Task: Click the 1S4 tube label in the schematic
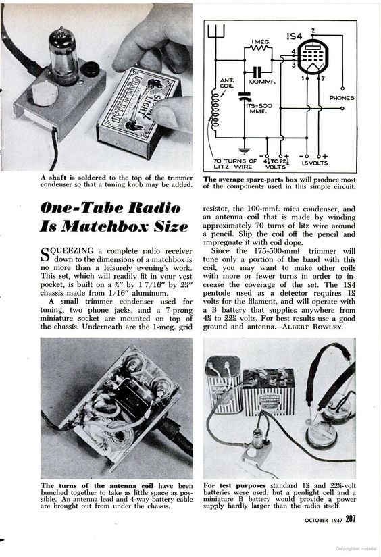(294, 36)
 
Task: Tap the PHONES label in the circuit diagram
(342, 98)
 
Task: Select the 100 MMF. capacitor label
(263, 82)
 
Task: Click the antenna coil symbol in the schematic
(214, 109)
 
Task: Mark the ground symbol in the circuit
(244, 151)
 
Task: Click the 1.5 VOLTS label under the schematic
(315, 163)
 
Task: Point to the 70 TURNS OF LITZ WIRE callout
(235, 164)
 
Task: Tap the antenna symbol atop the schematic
(215, 31)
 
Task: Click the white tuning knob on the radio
(45, 93)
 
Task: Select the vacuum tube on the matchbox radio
(63, 56)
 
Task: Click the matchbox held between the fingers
(138, 111)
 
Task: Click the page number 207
(351, 519)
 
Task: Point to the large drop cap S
(44, 255)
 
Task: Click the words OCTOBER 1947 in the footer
(324, 520)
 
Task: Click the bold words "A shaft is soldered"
(73, 178)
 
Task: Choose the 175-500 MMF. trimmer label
(259, 109)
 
